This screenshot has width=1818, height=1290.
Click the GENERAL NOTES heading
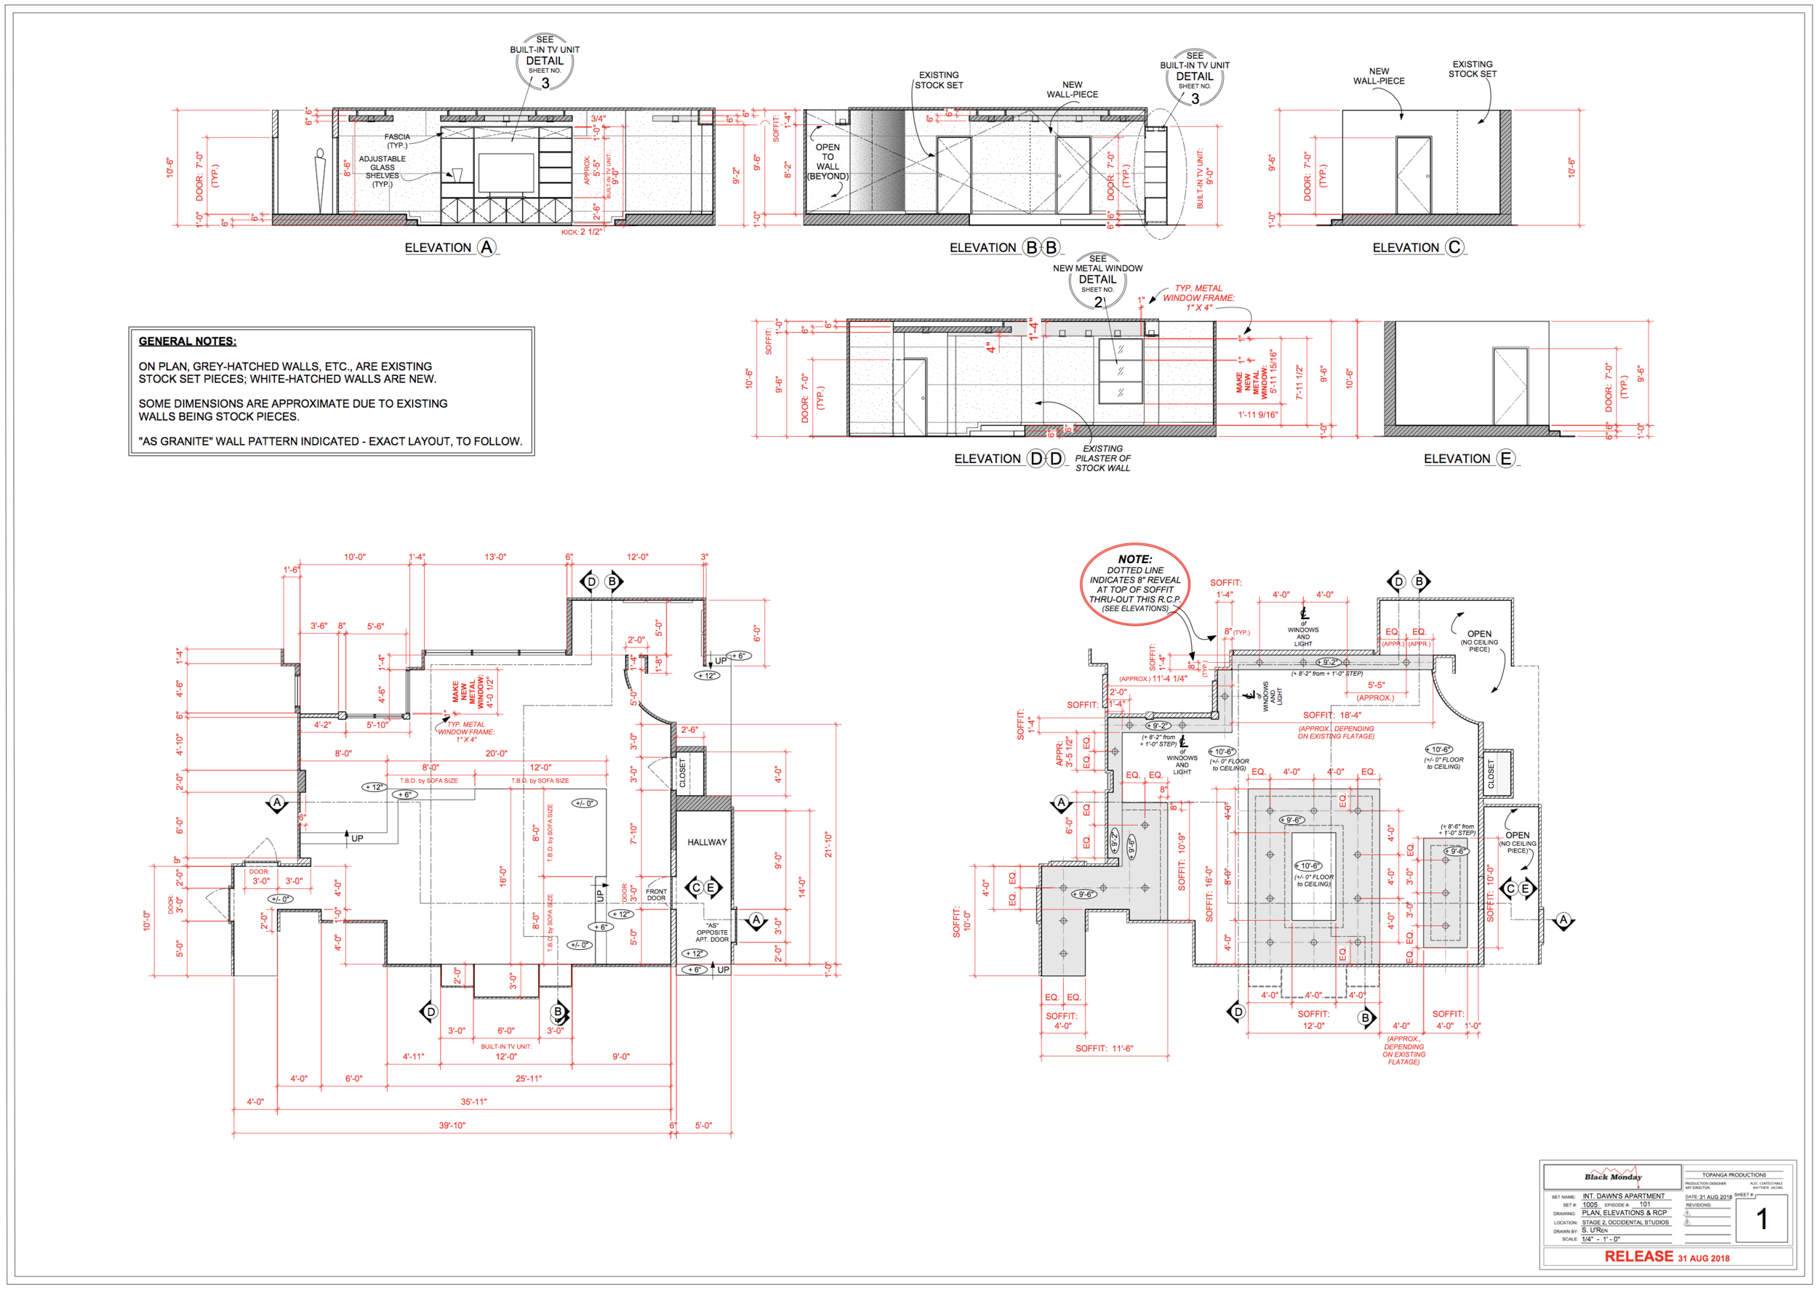tap(188, 341)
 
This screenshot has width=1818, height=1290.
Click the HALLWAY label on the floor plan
tap(706, 842)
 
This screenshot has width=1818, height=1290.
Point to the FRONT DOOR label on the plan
tap(657, 895)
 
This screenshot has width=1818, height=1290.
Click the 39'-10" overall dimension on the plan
tap(452, 1126)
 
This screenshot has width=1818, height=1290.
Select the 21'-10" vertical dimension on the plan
tap(827, 844)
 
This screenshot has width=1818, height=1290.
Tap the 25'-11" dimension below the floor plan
tap(529, 1079)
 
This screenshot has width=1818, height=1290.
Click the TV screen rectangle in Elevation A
tap(505, 173)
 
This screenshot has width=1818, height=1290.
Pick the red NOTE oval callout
tap(1134, 584)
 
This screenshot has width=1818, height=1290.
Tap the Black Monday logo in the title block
tap(1612, 1177)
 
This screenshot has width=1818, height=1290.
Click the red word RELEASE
tap(1638, 1257)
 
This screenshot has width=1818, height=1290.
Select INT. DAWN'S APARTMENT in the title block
tap(1622, 1196)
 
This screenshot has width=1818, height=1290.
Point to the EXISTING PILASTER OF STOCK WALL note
tap(1102, 459)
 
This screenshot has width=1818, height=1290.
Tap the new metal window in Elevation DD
tap(1120, 371)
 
